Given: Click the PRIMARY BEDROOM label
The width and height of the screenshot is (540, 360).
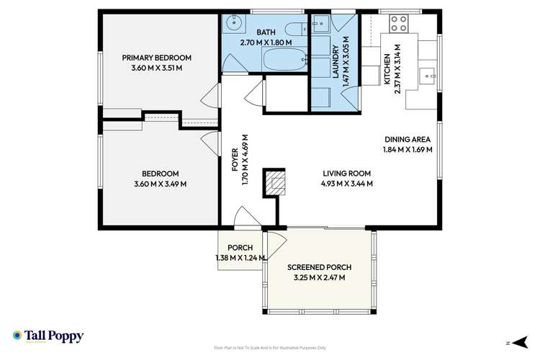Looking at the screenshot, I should (156, 58).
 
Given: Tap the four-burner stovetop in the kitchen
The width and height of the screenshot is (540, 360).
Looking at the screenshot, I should (399, 23).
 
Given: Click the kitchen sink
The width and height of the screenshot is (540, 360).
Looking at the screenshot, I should (428, 75).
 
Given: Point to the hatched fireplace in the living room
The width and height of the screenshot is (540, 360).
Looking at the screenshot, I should (274, 182).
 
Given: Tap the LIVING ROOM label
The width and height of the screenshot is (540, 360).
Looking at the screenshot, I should (346, 173).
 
